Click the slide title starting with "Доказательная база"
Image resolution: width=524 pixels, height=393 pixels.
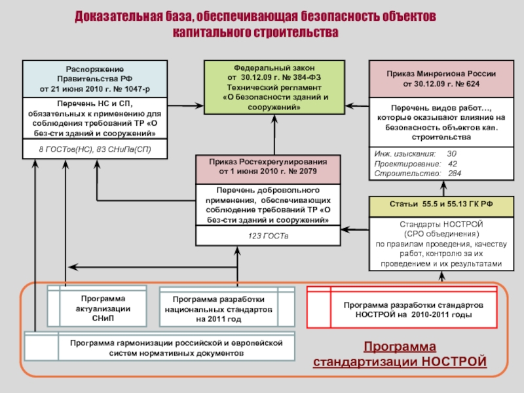(262, 23)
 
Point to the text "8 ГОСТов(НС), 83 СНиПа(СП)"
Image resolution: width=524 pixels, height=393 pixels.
(94, 150)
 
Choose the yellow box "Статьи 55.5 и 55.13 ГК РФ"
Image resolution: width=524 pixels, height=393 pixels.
(441, 205)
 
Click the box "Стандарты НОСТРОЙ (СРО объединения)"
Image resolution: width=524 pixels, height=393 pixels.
(441, 244)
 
